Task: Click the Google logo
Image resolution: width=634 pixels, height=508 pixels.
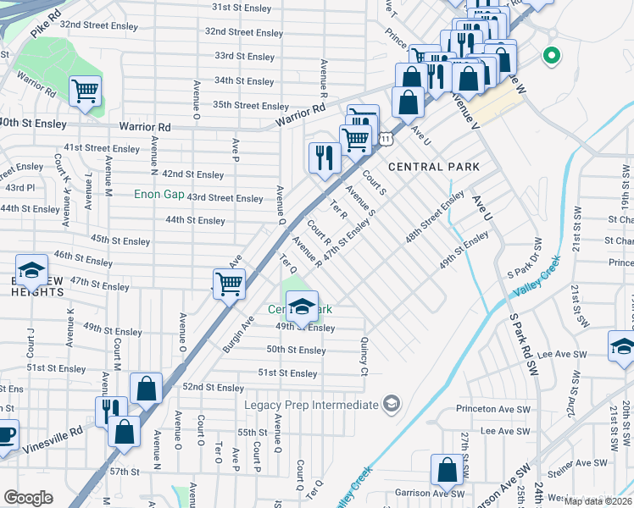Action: click(x=29, y=498)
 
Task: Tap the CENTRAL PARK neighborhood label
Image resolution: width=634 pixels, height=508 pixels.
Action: click(x=433, y=167)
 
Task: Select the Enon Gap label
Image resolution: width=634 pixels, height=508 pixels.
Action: click(x=159, y=194)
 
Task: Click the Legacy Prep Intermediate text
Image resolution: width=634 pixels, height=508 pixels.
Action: click(x=311, y=405)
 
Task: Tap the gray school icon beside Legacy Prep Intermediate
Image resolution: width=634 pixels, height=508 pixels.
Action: click(x=390, y=403)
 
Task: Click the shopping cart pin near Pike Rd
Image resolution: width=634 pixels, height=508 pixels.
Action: click(x=85, y=91)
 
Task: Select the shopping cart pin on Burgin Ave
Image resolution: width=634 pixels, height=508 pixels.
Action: click(x=229, y=283)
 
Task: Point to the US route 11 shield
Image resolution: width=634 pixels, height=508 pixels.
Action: click(x=386, y=137)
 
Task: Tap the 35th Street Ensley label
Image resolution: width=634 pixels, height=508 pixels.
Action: click(x=251, y=106)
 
